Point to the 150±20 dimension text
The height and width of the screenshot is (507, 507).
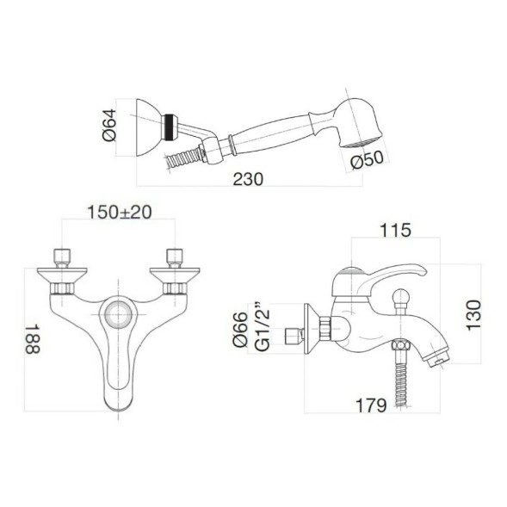tap(120, 213)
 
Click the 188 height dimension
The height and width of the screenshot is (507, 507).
tap(32, 341)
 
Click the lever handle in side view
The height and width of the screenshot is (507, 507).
tap(393, 275)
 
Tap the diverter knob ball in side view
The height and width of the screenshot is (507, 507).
tap(397, 302)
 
